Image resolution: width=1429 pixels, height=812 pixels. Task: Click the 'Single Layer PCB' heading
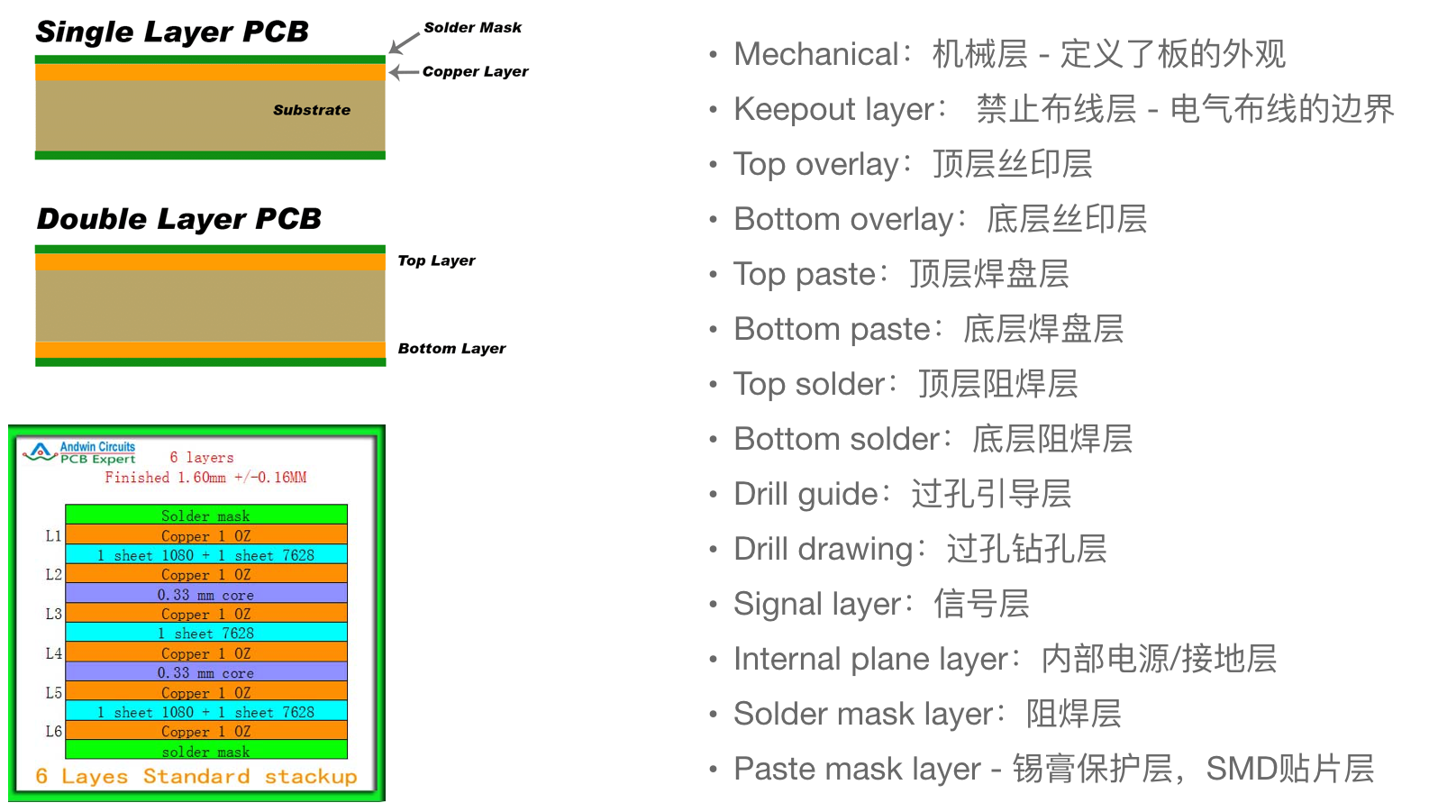pos(172,32)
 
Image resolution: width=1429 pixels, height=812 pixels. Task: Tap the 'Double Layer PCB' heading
pos(178,219)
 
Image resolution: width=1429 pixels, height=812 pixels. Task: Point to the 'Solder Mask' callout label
pos(473,27)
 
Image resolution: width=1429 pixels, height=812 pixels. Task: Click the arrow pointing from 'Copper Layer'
pos(405,72)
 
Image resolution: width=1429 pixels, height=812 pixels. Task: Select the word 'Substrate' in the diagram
pos(312,110)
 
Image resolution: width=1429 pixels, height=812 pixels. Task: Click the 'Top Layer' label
pos(436,260)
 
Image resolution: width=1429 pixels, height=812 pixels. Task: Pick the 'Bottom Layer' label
pos(451,348)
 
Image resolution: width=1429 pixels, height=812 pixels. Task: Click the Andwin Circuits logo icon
pos(40,452)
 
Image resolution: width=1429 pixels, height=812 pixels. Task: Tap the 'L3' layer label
pos(53,614)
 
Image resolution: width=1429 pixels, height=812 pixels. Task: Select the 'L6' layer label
pos(53,731)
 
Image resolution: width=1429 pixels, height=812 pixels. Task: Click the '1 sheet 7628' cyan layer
pos(206,633)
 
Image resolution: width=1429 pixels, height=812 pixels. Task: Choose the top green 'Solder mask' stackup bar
pos(206,515)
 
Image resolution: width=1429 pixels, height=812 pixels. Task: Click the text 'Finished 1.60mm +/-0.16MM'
pos(205,477)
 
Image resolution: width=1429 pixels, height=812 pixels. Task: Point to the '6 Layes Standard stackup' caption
pos(196,776)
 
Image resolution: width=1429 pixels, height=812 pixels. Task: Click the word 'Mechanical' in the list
pos(816,53)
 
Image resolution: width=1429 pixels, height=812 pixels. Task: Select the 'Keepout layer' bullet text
pos(833,109)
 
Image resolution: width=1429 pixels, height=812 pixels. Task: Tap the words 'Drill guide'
pos(806,494)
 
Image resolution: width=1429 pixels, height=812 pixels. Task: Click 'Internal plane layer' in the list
pos(870,659)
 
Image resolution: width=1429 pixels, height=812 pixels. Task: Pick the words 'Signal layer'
pos(818,604)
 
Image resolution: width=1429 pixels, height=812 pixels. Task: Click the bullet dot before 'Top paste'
pos(714,275)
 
